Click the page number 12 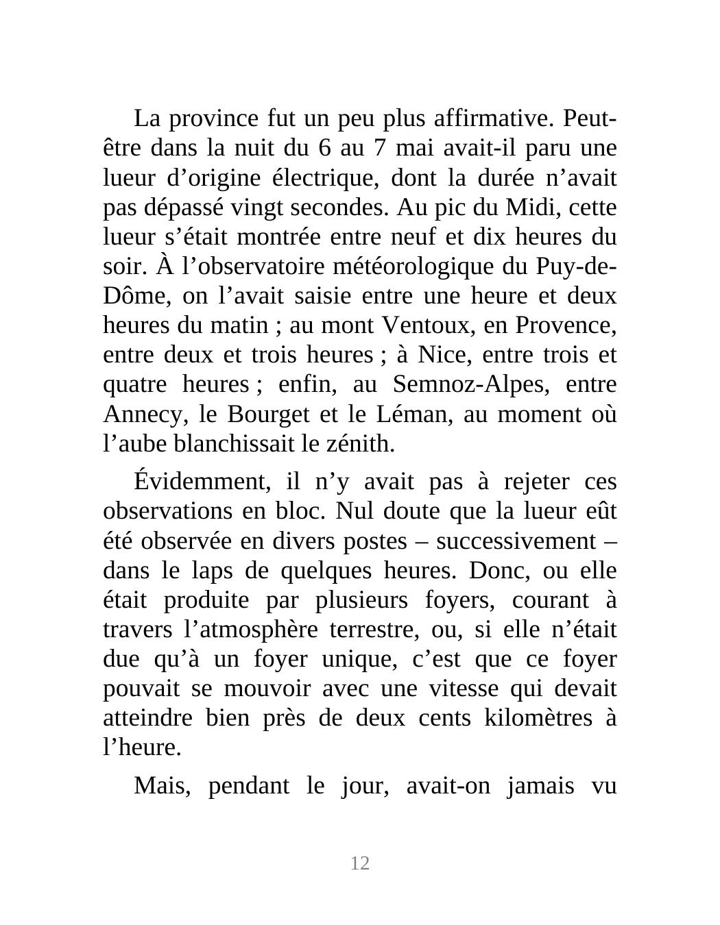[x=360, y=863]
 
